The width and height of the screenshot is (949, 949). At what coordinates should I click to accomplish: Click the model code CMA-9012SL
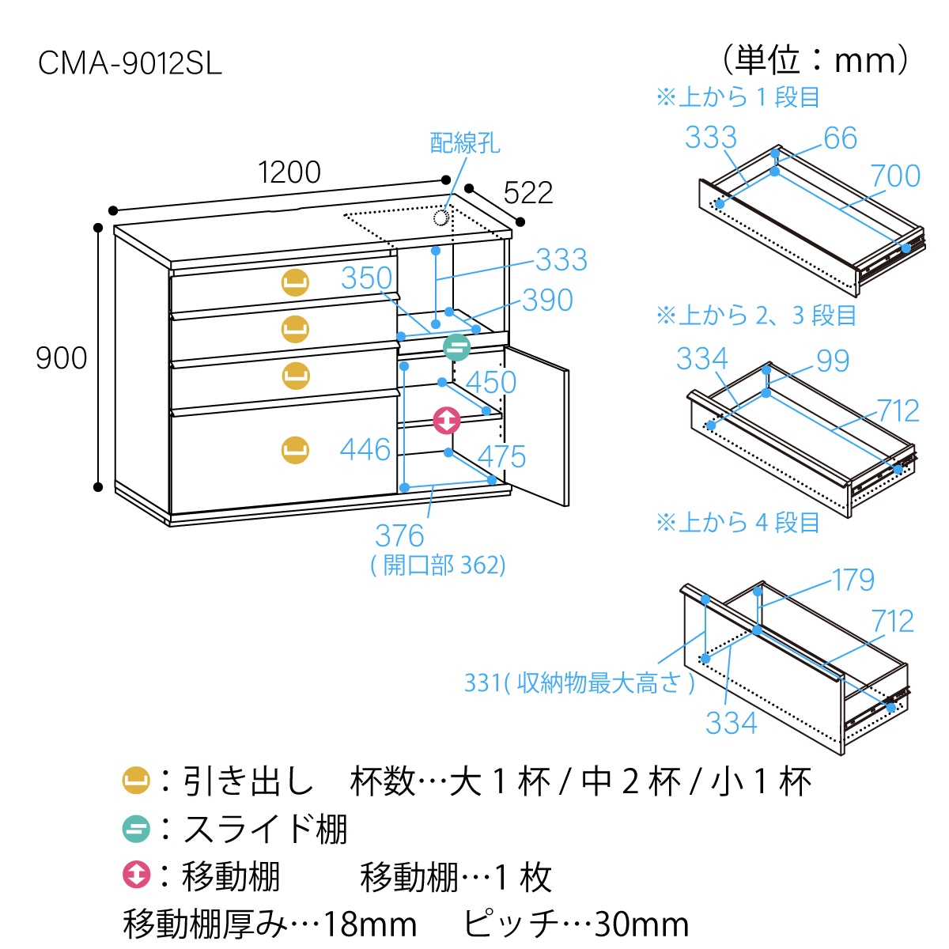(x=130, y=63)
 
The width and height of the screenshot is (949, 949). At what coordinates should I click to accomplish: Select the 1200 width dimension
(x=289, y=172)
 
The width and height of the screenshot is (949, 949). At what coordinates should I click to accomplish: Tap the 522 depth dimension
(x=527, y=193)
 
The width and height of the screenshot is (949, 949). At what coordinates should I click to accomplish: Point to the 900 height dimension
(x=61, y=358)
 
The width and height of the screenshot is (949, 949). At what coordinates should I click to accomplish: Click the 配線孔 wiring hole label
(x=464, y=143)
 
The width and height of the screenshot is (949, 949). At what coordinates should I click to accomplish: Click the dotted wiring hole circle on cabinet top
(x=442, y=217)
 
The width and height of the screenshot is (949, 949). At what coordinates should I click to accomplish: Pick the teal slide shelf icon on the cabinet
(x=456, y=348)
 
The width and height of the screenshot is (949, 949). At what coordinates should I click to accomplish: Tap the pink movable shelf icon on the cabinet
(x=447, y=420)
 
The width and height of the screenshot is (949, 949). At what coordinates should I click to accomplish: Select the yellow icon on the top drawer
(x=295, y=282)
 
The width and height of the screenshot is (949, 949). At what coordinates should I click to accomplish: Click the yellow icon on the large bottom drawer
(x=295, y=450)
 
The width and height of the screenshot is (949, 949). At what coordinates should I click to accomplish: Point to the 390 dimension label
(x=547, y=301)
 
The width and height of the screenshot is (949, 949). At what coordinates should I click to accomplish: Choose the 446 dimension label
(x=365, y=450)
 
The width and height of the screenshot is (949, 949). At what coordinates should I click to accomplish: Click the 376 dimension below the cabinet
(x=399, y=536)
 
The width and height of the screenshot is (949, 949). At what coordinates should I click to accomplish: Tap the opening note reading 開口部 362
(x=439, y=565)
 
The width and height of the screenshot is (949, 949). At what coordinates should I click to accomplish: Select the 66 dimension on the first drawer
(x=840, y=138)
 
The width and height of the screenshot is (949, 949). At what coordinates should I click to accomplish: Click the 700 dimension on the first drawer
(x=895, y=176)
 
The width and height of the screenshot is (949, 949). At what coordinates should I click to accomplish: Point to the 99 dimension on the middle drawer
(x=833, y=361)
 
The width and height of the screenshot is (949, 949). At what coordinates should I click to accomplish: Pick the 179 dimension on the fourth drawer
(x=853, y=580)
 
